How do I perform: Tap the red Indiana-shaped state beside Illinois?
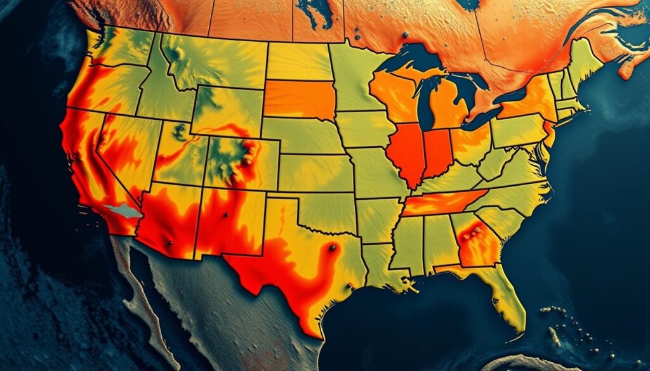(x=437, y=153)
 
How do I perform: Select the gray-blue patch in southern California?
(x=124, y=211)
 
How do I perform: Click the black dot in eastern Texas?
(x=331, y=248)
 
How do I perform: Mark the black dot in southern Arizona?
(x=169, y=244)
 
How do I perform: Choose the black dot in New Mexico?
(x=225, y=216)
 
